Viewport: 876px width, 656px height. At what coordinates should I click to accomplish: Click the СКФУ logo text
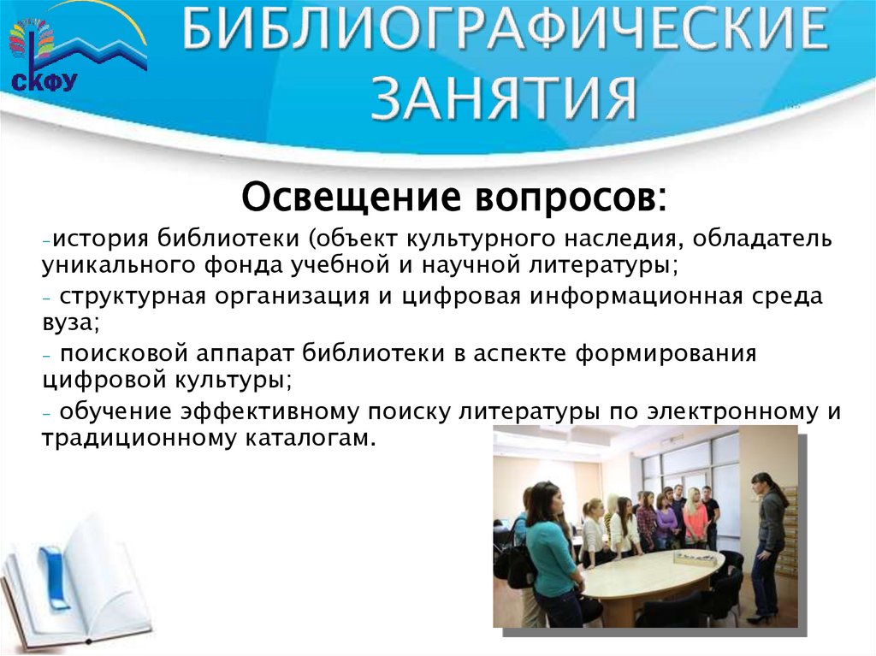pos(43,81)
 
